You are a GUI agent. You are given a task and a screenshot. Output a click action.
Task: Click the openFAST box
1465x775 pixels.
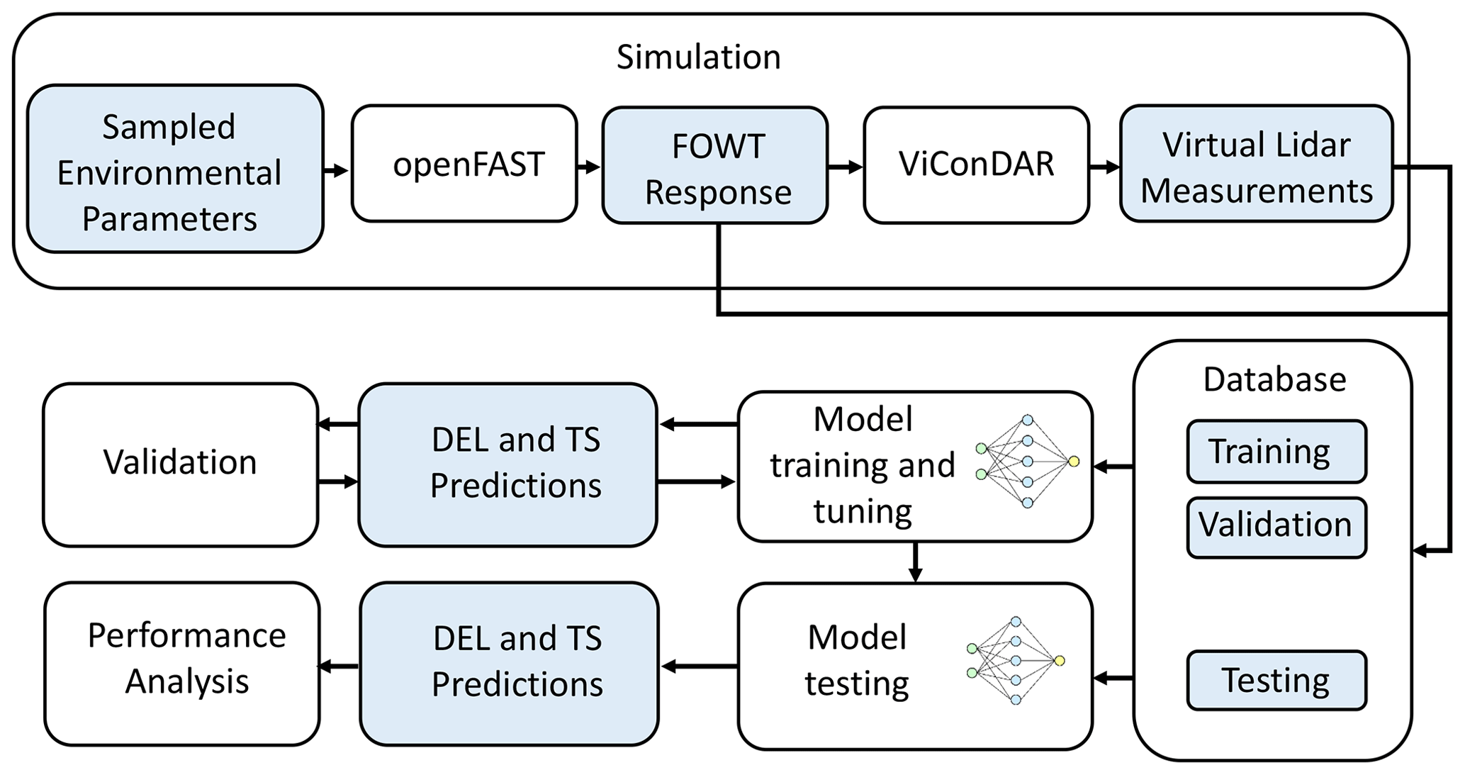(464, 164)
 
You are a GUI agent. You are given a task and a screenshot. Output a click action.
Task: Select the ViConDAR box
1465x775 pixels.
(976, 165)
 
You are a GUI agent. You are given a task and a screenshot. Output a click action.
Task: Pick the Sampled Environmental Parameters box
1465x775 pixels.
(175, 170)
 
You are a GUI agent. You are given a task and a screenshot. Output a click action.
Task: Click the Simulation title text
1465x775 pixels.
(698, 57)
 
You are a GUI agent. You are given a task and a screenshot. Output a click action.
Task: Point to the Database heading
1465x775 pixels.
(1274, 379)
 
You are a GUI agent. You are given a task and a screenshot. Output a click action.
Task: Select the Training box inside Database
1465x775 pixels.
(1276, 452)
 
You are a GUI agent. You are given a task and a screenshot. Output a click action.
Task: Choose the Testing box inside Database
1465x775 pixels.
(1276, 680)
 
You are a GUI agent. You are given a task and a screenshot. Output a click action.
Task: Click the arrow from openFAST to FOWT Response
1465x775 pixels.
(589, 167)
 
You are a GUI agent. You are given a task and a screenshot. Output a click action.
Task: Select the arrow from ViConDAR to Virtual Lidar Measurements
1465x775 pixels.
(1104, 167)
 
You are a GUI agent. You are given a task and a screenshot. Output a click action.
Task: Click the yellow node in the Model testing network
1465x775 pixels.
(1059, 661)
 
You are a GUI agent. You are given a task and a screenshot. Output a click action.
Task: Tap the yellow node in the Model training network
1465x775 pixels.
(1074, 462)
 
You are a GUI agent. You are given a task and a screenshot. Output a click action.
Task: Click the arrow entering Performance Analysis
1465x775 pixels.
(338, 666)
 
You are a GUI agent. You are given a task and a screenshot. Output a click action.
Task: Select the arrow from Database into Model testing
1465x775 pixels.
(1113, 679)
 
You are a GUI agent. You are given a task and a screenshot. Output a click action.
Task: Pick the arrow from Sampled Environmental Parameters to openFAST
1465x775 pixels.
(337, 170)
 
